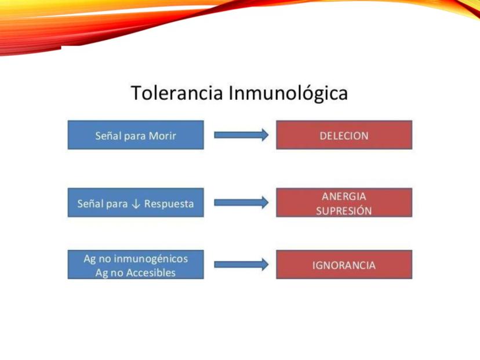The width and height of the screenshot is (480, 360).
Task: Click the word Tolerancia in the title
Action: point(177,93)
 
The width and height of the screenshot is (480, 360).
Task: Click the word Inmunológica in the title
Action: point(288,93)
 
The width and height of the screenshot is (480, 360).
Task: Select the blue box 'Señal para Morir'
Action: point(136,135)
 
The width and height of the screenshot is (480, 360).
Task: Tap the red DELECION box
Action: point(344,135)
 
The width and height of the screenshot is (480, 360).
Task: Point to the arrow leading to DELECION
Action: point(241,135)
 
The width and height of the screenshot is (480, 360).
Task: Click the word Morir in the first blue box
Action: point(162,136)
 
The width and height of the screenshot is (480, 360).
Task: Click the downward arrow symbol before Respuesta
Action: point(136,204)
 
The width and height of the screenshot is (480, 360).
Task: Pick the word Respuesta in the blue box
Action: point(169,204)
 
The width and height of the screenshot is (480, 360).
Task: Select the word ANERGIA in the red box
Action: point(344,197)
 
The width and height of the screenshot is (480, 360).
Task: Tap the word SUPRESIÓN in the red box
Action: point(344,210)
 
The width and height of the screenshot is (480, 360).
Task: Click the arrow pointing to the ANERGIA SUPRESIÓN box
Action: point(241,203)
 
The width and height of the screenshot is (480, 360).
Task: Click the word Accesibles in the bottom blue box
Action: point(151,273)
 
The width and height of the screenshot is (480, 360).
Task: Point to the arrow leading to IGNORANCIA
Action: point(241,264)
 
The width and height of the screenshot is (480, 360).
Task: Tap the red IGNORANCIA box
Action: point(344,264)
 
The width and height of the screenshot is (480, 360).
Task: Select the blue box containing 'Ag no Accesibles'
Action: point(136,264)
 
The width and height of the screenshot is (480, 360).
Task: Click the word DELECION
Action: point(344,136)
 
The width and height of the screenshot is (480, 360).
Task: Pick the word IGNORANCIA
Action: point(344,265)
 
